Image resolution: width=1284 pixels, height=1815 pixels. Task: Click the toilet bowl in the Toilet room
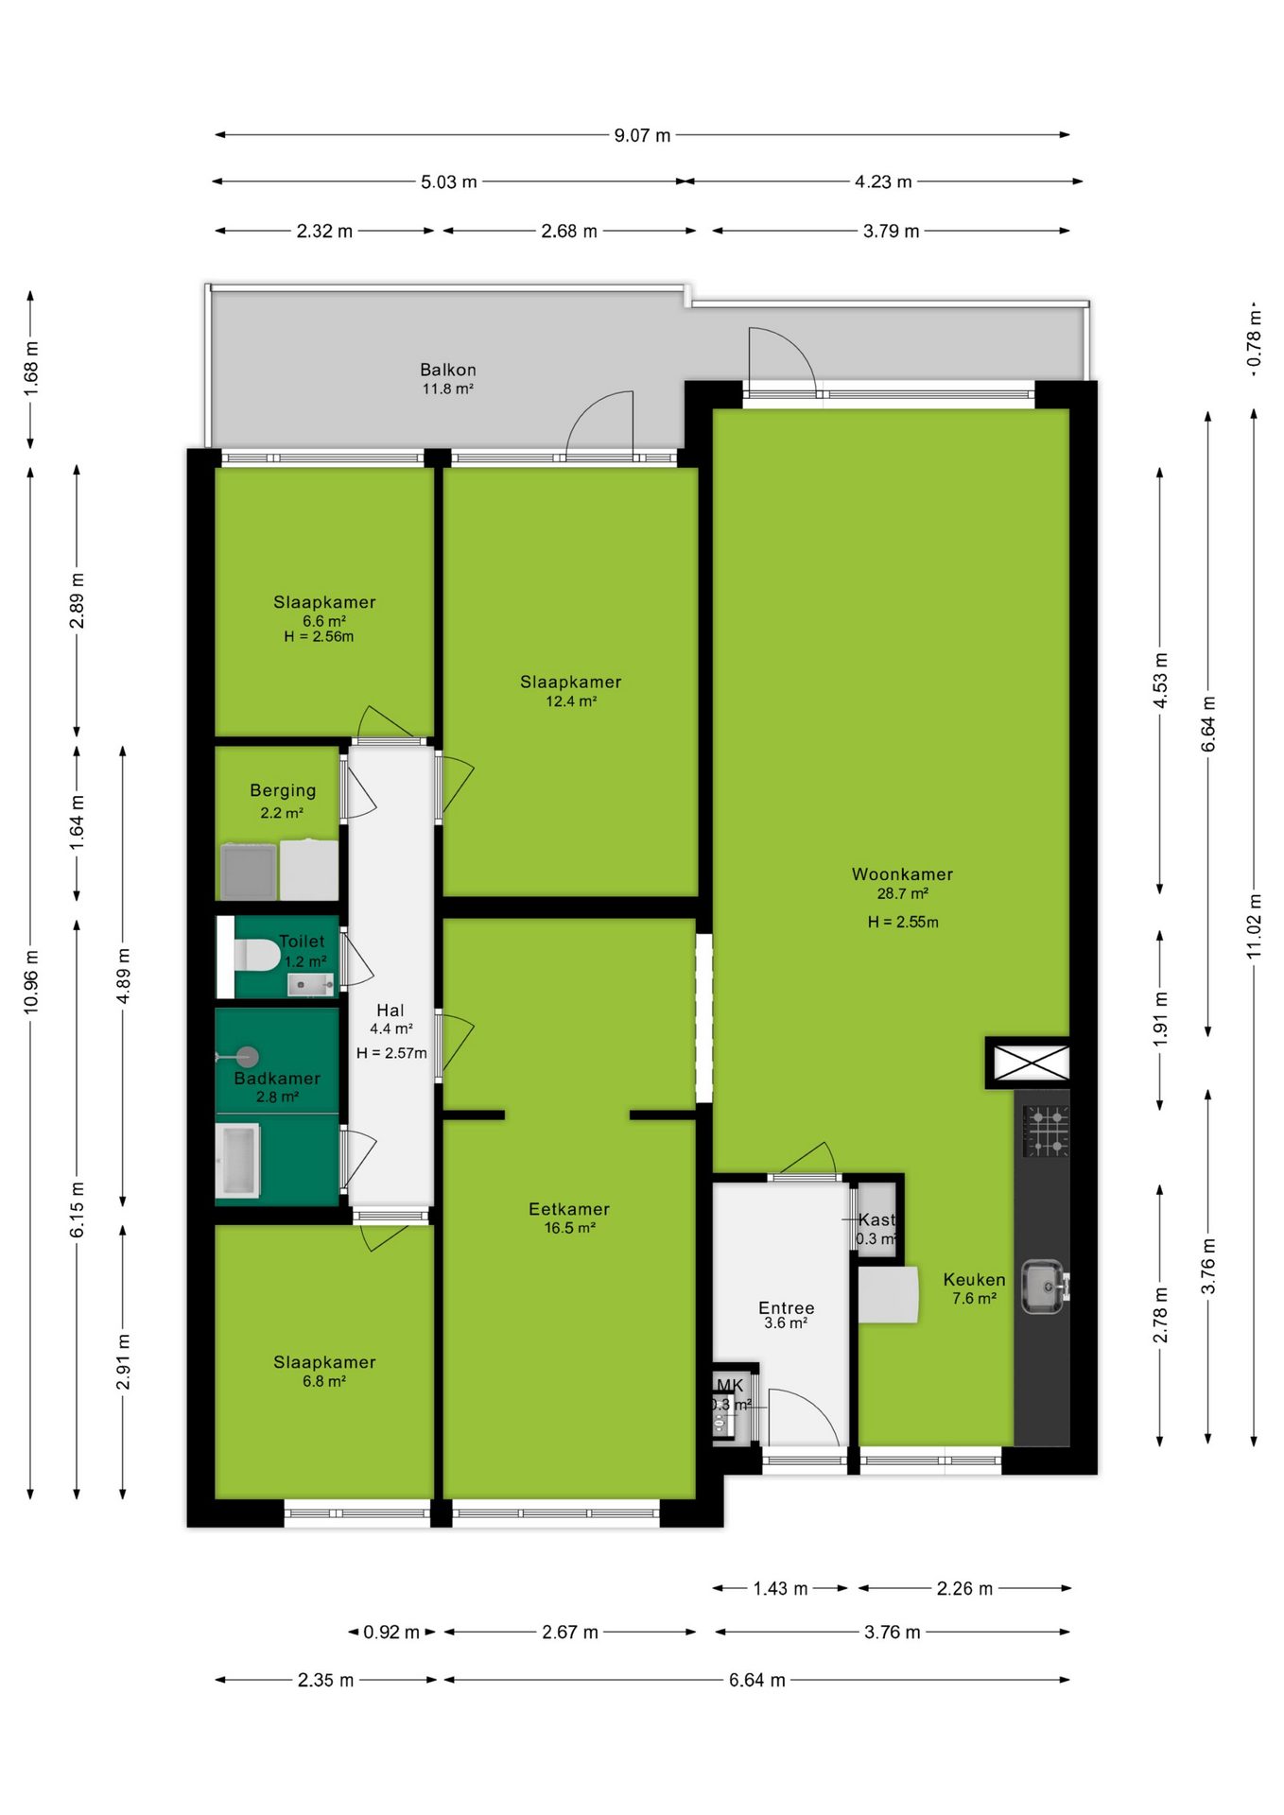pos(255,955)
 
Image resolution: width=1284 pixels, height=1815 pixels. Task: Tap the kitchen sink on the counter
pos(1044,1287)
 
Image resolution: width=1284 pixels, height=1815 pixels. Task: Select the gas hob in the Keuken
pos(1046,1131)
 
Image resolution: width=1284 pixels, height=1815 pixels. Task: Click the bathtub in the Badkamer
pos(237,1160)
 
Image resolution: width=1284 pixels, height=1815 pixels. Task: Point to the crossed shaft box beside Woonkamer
pos(1030,1063)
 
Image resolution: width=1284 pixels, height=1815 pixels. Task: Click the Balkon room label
pos(448,370)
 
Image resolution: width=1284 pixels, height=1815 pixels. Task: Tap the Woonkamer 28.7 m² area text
pos(903,893)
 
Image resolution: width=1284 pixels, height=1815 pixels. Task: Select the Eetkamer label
pos(569,1209)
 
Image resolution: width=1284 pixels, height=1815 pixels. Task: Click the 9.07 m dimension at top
pos(642,135)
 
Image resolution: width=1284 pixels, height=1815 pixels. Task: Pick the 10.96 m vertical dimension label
pos(31,983)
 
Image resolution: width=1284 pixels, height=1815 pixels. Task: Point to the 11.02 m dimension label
pos(1255,926)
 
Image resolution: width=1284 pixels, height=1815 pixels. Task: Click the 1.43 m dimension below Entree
pos(780,1588)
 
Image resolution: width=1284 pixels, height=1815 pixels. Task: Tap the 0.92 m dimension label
pos(391,1632)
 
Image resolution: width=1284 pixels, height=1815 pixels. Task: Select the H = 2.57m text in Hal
pos(391,1053)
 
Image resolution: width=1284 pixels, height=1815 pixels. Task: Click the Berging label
pos(283,790)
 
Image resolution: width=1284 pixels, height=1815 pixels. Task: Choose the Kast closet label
pos(876,1219)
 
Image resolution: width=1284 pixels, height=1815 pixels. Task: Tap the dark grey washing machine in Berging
pos(249,872)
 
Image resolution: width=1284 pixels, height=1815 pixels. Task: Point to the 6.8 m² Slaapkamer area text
pos(324,1381)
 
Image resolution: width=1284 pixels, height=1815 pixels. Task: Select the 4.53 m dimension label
pos(1160,681)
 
